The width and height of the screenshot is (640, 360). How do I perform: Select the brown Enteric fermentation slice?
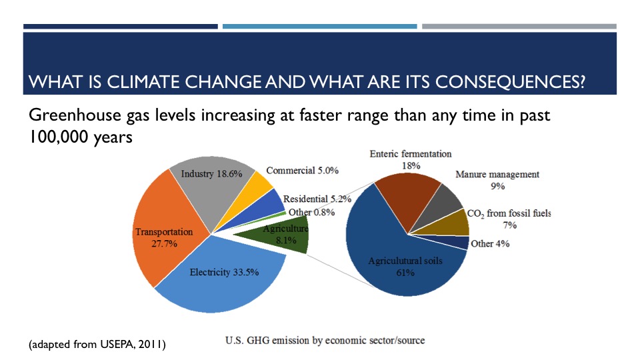click(x=407, y=200)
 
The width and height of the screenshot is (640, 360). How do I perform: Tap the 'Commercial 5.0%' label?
click(x=302, y=171)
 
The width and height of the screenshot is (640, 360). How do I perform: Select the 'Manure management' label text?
click(x=497, y=175)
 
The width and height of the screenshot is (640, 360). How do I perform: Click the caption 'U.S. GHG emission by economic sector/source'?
click(x=324, y=341)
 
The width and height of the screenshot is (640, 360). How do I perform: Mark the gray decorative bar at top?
click(x=519, y=27)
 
